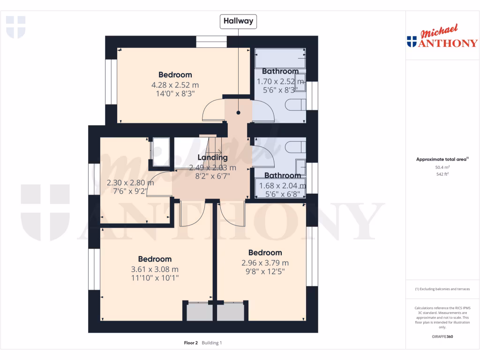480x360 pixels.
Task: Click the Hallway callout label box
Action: (x=239, y=21)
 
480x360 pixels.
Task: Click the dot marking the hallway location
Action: (x=238, y=113)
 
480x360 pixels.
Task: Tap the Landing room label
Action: (x=212, y=157)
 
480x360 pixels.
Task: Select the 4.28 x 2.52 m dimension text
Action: (x=175, y=85)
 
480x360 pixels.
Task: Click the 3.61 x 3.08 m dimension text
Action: (x=155, y=269)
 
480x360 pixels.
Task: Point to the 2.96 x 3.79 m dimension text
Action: (x=265, y=262)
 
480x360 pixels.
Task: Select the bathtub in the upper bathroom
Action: (x=280, y=58)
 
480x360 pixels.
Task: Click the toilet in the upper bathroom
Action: (x=296, y=105)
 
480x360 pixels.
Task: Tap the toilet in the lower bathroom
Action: (x=296, y=147)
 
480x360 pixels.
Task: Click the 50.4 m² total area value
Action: (x=442, y=167)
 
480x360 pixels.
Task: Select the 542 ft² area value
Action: (x=442, y=174)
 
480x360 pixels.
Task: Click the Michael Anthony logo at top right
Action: (x=442, y=37)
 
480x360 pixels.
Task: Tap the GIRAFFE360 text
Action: (x=442, y=337)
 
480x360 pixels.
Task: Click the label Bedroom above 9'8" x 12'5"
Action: (x=265, y=253)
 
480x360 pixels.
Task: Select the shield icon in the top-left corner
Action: (x=15, y=27)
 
